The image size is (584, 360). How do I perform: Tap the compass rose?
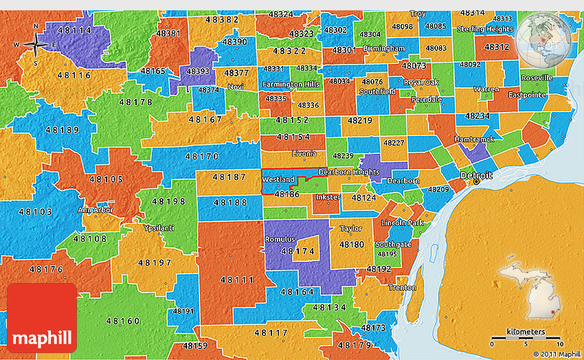pos(36,45)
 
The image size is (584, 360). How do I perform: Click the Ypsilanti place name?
pos(159,227)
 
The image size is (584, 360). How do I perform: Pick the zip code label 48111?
pos(236,280)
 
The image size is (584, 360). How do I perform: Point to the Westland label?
pos(279,179)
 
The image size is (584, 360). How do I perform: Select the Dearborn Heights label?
pos(348,172)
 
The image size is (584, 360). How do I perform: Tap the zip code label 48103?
pos(36,212)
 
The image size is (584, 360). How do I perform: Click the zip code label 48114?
pos(75,30)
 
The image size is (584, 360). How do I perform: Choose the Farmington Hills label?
pos(291,84)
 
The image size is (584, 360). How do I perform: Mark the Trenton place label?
pos(402,288)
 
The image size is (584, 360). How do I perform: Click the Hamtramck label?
pos(474,139)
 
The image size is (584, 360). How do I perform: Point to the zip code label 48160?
pos(123,320)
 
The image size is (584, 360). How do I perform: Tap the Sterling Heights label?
pos(485,30)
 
